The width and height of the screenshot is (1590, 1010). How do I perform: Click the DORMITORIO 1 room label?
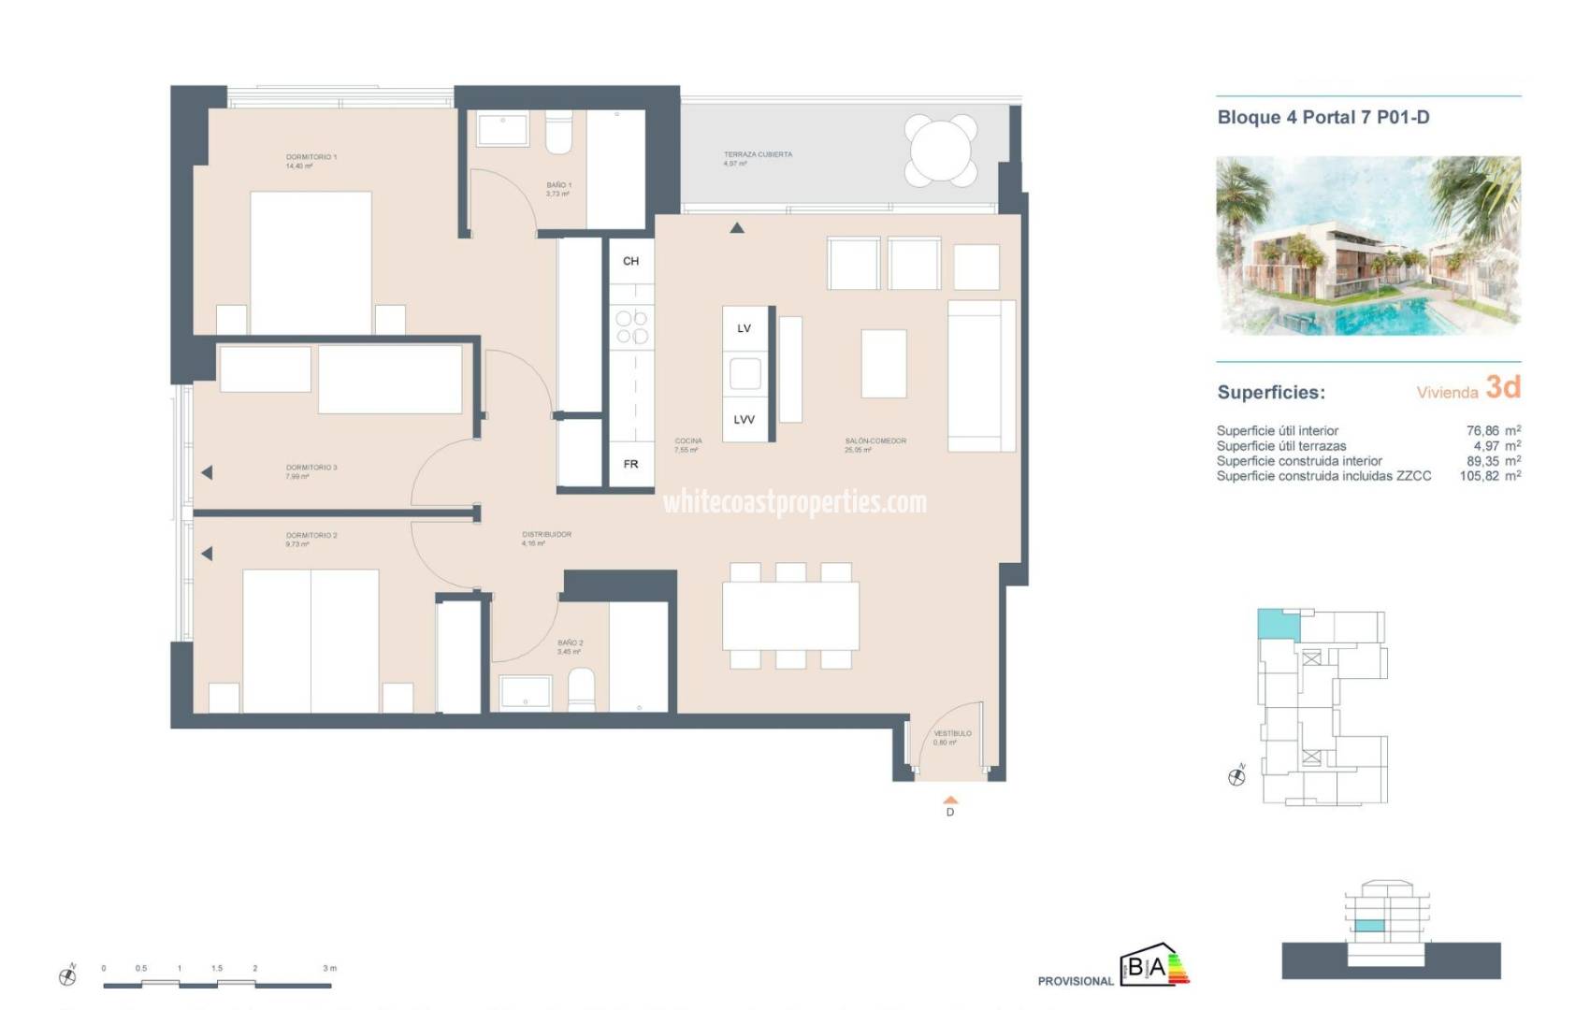click(311, 158)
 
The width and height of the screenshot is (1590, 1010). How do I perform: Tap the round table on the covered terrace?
click(941, 150)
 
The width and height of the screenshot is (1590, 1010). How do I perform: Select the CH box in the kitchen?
click(631, 261)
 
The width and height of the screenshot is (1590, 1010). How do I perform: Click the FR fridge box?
click(631, 464)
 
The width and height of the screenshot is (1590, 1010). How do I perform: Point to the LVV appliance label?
click(744, 420)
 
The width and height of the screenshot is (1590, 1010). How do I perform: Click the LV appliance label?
click(744, 328)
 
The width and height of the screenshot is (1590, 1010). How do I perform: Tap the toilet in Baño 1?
click(559, 135)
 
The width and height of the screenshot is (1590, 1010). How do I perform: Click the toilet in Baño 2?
click(582, 689)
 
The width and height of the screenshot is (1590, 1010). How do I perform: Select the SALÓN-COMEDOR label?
click(875, 441)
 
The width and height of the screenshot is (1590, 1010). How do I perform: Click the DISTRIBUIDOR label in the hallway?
click(546, 535)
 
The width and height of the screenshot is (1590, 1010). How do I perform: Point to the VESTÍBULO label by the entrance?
click(952, 734)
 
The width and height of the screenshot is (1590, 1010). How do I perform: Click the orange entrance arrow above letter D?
click(950, 800)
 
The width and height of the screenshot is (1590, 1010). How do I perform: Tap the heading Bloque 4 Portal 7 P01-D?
click(1323, 118)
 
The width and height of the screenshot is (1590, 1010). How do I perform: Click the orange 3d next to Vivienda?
click(1503, 387)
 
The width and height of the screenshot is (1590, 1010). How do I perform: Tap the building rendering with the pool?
click(1367, 246)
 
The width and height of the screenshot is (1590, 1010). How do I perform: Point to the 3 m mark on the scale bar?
click(329, 969)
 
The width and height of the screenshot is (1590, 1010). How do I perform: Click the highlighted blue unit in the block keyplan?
click(1278, 624)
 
